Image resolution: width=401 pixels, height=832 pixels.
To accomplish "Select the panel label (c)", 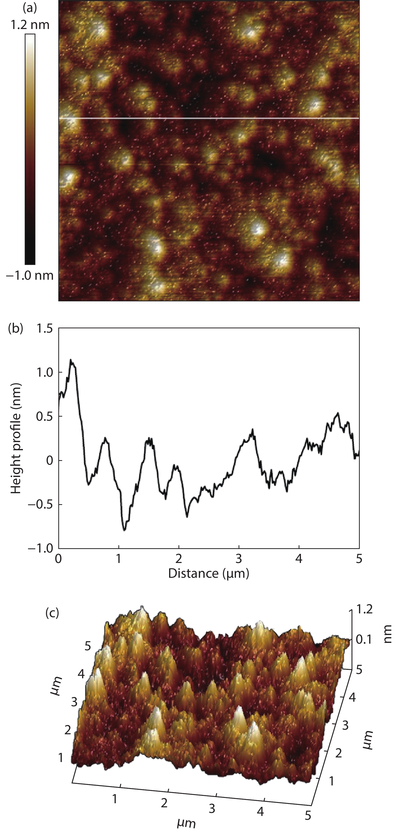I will [52, 612].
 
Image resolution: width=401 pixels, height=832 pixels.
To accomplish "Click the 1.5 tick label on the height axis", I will [45, 329].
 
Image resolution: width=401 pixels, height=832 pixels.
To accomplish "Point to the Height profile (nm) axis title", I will [16, 438].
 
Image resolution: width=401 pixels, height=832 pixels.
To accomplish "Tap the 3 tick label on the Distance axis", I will [239, 558].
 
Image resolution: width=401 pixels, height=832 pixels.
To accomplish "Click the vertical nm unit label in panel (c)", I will [388, 634].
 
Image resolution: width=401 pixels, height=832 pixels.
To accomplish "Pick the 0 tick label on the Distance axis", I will [59, 558].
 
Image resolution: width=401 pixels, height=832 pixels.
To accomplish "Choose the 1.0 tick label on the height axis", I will [45, 372].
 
